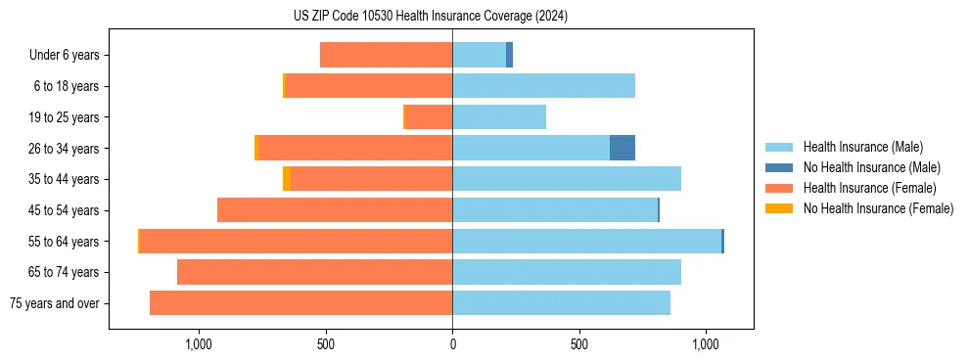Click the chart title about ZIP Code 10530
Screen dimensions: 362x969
pyautogui.click(x=430, y=16)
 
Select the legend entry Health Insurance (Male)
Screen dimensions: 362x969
pyautogui.click(x=862, y=147)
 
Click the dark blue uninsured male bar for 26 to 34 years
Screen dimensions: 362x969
pyautogui.click(x=623, y=148)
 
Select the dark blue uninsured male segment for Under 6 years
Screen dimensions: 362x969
pyautogui.click(x=510, y=55)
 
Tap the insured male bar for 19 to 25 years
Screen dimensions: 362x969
pyautogui.click(x=499, y=117)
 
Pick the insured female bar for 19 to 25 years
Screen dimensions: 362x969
pyautogui.click(x=429, y=117)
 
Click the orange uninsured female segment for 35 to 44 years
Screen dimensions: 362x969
pyautogui.click(x=287, y=179)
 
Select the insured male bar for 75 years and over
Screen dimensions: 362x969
pyautogui.click(x=561, y=302)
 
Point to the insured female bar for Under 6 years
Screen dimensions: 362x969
pyautogui.click(x=386, y=55)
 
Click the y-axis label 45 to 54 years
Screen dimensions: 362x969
pyautogui.click(x=65, y=210)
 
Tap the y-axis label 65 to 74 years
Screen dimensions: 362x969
pyautogui.click(x=65, y=272)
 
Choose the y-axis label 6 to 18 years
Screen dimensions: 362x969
pyautogui.click(x=67, y=86)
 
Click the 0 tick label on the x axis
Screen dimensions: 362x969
pyautogui.click(x=452, y=344)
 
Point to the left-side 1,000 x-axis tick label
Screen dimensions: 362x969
pyautogui.click(x=199, y=344)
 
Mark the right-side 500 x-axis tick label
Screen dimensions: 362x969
pyautogui.click(x=579, y=344)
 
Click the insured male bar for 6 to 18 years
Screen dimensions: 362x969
pyautogui.click(x=543, y=86)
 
